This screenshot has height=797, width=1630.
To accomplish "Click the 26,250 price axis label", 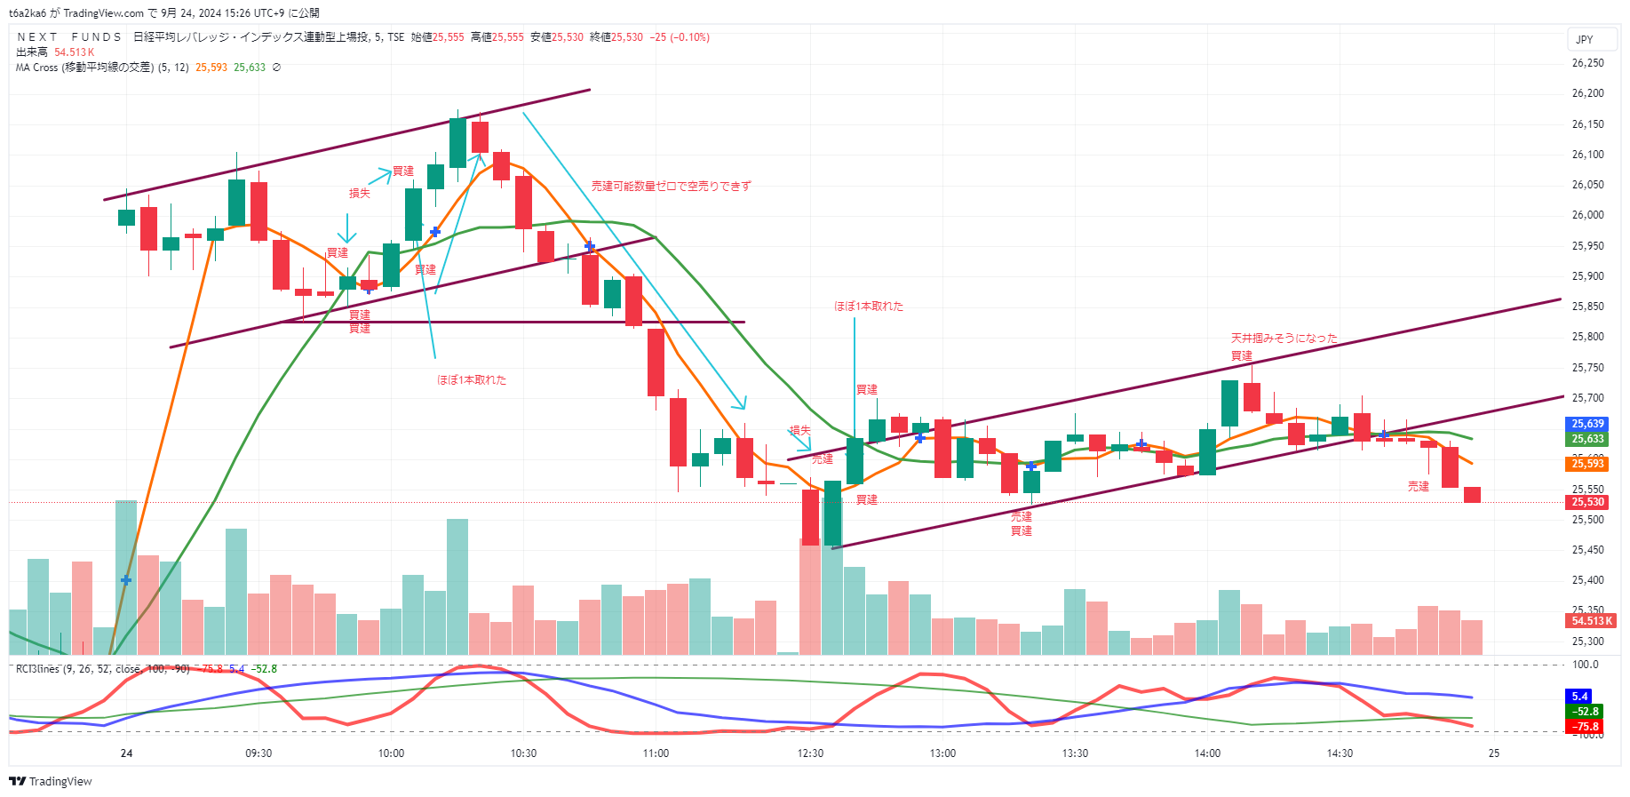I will pos(1587,63).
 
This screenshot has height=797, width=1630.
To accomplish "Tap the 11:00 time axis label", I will pos(656,753).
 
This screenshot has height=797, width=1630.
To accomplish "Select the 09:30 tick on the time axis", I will pos(258,753).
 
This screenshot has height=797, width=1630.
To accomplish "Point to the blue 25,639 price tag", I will pos(1587,424).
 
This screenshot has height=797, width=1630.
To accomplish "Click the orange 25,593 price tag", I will pos(1587,464).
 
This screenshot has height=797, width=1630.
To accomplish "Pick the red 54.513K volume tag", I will pos(1591,621).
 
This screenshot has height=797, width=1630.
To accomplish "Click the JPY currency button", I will pos(1585,39).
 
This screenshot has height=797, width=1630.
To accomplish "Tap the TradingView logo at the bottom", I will pos(51,781).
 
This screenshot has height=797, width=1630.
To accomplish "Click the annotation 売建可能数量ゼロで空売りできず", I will pos(671,187).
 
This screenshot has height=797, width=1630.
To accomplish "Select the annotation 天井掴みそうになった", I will pos(1284,339).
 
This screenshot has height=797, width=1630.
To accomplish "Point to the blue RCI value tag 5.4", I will pos(1579,697).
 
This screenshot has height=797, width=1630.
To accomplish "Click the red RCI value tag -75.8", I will pos(1586,727).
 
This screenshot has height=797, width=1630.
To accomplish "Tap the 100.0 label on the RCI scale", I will pos(1586,665).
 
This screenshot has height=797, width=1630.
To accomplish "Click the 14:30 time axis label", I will pos(1340,753).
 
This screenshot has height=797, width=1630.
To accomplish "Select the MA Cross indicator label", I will pos(102,68).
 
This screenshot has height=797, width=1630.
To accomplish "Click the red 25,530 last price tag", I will pos(1587,502).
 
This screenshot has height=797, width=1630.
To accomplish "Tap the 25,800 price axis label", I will pos(1587,337).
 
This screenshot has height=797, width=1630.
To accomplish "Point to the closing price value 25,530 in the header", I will pos(627,37).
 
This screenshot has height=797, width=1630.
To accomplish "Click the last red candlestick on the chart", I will pos(1472,495).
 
